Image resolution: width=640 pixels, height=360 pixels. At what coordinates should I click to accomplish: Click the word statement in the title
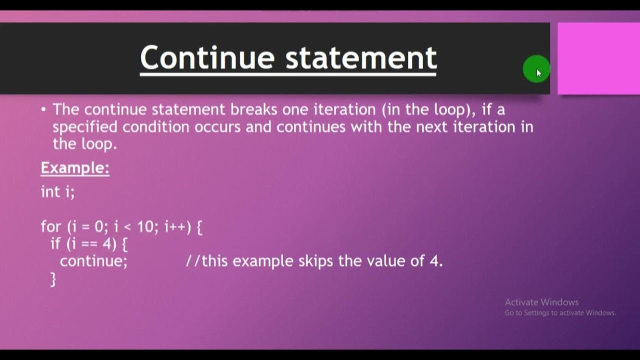click(x=361, y=57)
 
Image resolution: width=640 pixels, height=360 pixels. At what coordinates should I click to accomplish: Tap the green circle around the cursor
click(x=535, y=69)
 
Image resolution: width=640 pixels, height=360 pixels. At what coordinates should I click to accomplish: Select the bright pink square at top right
click(x=598, y=58)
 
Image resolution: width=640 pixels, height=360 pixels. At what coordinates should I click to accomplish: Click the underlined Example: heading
click(x=75, y=168)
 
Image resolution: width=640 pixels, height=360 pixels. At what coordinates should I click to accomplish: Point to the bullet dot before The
click(x=44, y=109)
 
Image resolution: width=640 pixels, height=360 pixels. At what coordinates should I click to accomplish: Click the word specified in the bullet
click(x=85, y=127)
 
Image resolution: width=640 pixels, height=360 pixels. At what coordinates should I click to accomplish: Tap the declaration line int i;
click(x=57, y=191)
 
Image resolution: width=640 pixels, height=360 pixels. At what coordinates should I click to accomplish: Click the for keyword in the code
click(x=51, y=227)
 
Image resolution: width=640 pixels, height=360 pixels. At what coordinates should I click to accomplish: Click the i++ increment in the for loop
click(x=177, y=227)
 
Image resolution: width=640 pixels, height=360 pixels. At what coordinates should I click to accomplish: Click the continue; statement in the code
click(x=94, y=261)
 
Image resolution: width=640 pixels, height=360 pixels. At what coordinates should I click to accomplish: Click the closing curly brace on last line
click(x=53, y=279)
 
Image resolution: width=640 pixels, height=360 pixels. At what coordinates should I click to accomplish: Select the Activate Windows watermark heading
click(x=541, y=302)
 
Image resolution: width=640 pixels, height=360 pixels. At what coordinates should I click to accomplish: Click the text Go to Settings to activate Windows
click(x=560, y=313)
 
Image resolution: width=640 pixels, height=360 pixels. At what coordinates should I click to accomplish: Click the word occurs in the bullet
click(x=218, y=127)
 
